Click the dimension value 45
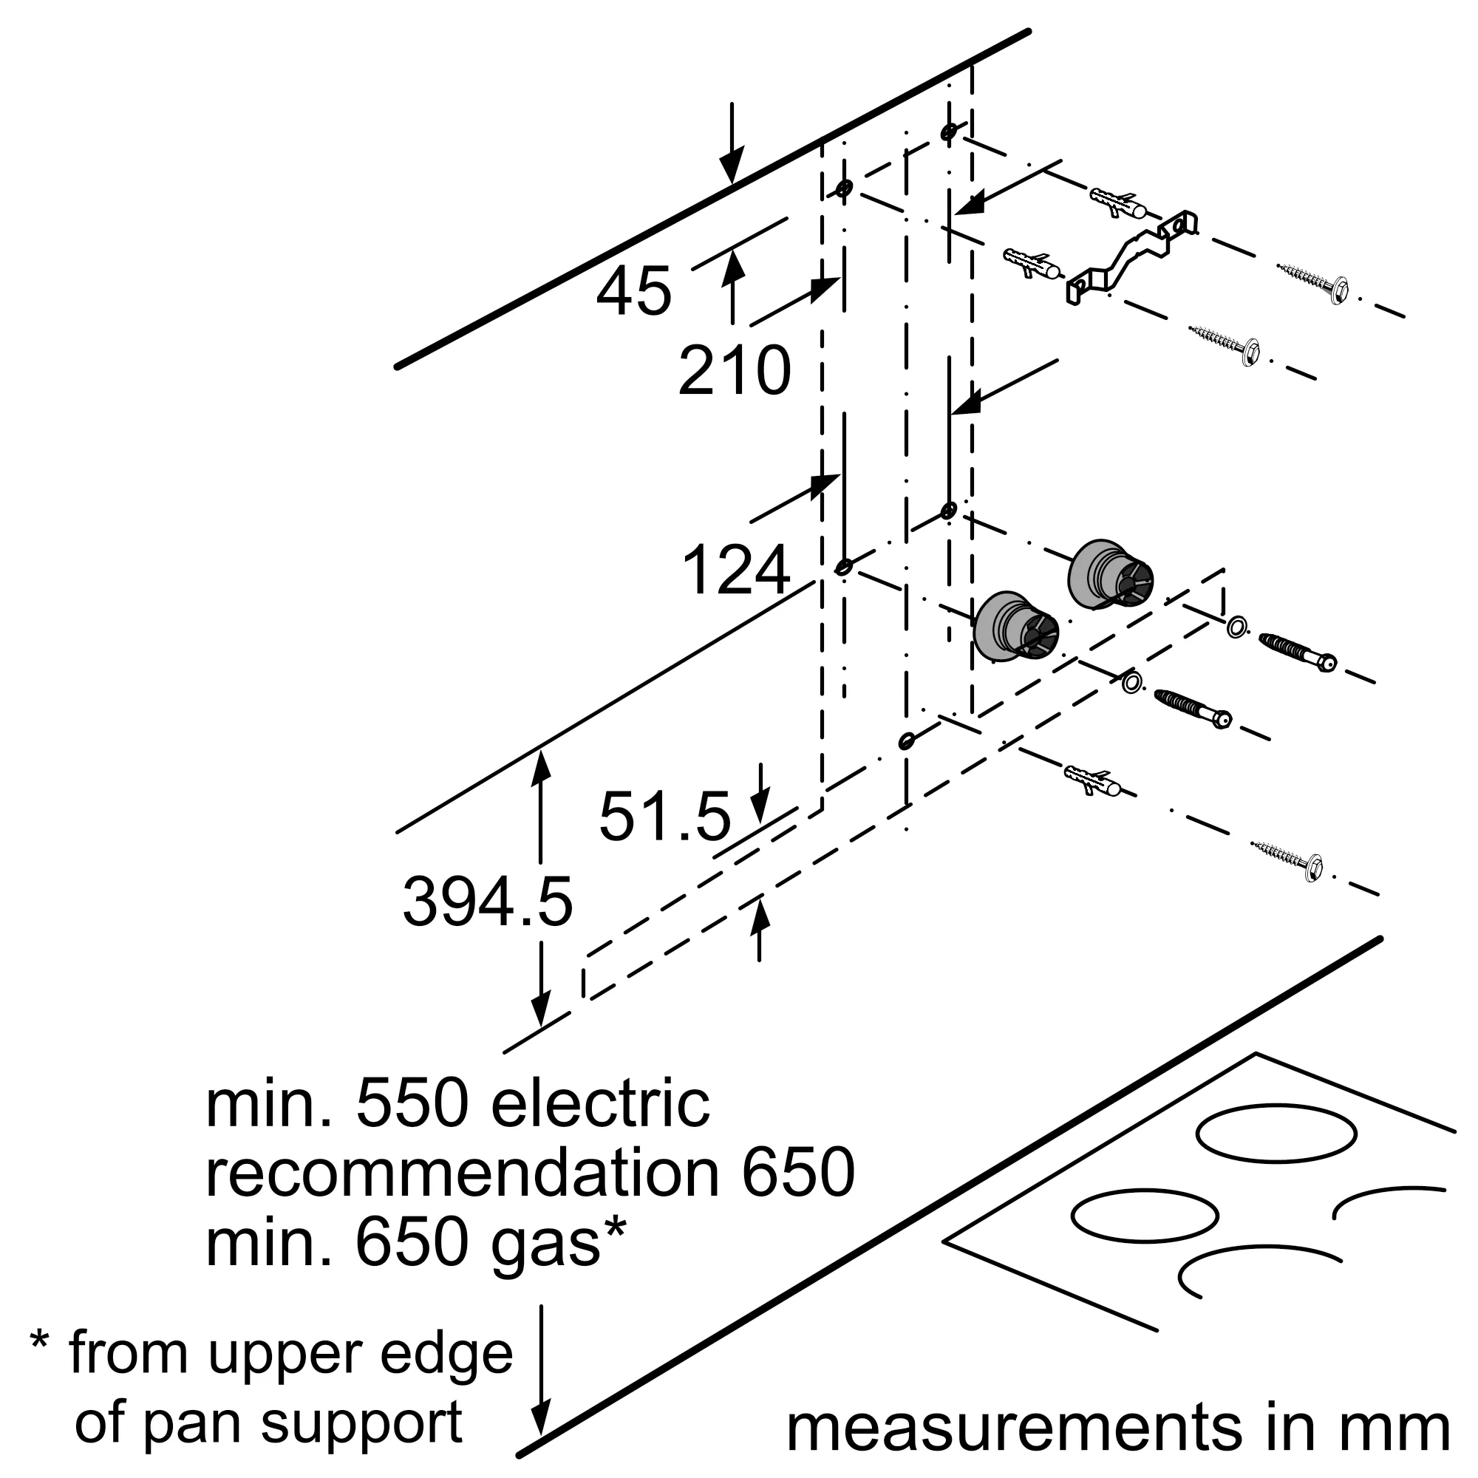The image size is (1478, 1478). tap(633, 291)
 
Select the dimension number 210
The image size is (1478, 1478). tap(734, 371)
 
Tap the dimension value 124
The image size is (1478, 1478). tap(735, 570)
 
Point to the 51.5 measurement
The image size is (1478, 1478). tap(665, 817)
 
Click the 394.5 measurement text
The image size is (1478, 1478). tap(487, 903)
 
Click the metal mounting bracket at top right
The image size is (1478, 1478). tap(1132, 257)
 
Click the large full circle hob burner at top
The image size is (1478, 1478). tap(1276, 1134)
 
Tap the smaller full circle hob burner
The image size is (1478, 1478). tap(1145, 1216)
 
